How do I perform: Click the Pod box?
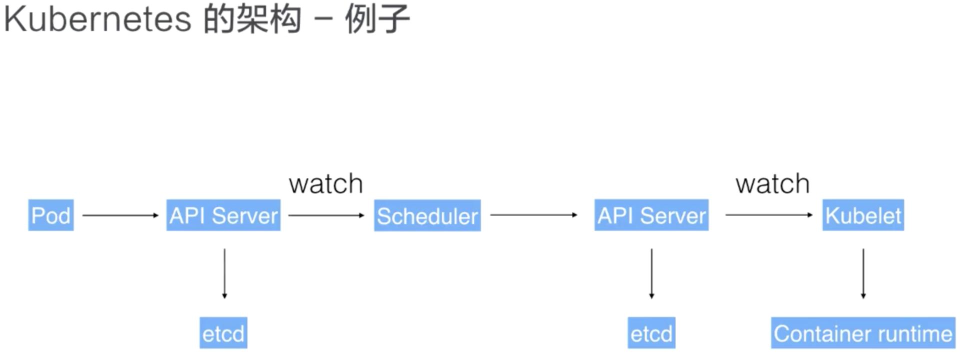pyautogui.click(x=51, y=215)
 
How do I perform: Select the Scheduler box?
pyautogui.click(x=427, y=215)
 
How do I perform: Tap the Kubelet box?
pyautogui.click(x=863, y=215)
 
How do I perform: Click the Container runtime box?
pyautogui.click(x=863, y=333)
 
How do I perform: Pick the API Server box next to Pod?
pyautogui.click(x=223, y=215)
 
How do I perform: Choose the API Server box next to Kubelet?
pyautogui.click(x=651, y=215)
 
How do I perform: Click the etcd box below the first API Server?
pyautogui.click(x=223, y=333)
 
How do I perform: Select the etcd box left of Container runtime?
pyautogui.click(x=651, y=333)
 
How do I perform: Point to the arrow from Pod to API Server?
pyautogui.click(x=120, y=215)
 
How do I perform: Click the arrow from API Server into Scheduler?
pyautogui.click(x=326, y=215)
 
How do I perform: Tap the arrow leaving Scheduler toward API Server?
pyautogui.click(x=533, y=215)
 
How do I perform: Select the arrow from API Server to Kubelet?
pyautogui.click(x=768, y=215)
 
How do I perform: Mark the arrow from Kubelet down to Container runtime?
pyautogui.click(x=863, y=273)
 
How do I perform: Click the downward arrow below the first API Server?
pyautogui.click(x=224, y=273)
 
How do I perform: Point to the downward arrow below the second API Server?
pyautogui.click(x=651, y=273)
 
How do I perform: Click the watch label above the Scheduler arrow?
pyautogui.click(x=326, y=184)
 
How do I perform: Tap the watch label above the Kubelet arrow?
pyautogui.click(x=772, y=184)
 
